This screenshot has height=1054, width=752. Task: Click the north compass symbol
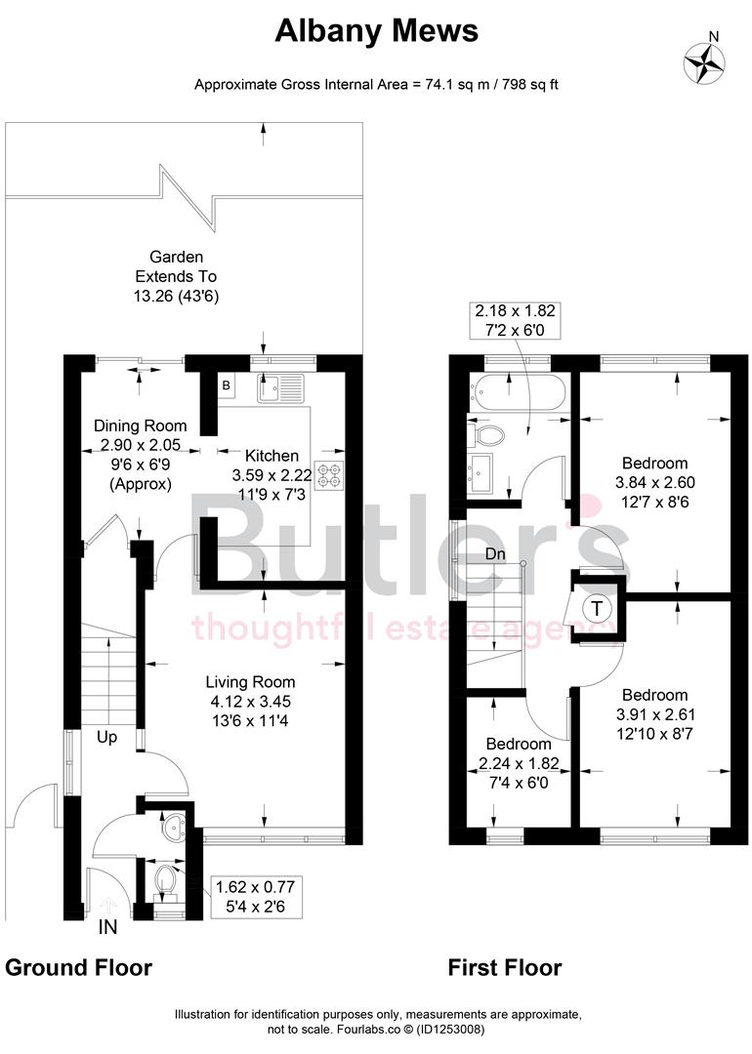pos(705,61)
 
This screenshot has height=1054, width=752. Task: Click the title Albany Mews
pos(376,31)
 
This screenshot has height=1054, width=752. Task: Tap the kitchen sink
pos(281,387)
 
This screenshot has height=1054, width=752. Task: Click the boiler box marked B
pos(226,385)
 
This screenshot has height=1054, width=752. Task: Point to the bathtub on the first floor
pos(518,392)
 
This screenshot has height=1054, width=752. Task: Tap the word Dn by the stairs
pos(494,553)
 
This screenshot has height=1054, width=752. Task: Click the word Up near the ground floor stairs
pos(106,737)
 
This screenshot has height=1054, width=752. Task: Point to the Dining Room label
pos(139,426)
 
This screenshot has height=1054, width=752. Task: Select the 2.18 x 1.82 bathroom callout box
pos(515,319)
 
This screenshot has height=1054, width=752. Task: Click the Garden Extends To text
pos(176,266)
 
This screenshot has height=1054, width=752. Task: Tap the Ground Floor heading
pos(78,967)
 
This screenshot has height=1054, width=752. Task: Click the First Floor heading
pos(505,967)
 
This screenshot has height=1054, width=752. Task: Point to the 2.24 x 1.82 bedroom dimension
pos(519,764)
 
